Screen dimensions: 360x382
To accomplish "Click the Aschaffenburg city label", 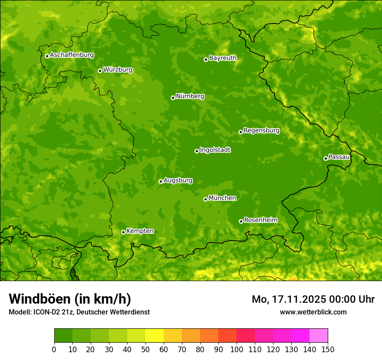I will click(72, 55).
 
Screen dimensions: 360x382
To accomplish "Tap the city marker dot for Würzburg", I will click(100, 71).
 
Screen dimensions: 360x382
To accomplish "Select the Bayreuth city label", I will click(223, 58).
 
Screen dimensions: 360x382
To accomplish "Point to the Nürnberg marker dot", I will click(173, 98).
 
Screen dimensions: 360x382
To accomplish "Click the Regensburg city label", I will click(261, 130).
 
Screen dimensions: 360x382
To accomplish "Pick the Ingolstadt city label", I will click(215, 150).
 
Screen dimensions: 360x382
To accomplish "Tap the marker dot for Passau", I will click(326, 158).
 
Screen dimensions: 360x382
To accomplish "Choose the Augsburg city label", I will click(178, 180).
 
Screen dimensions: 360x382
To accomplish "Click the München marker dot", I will click(205, 199).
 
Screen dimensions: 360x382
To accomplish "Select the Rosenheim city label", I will click(260, 220).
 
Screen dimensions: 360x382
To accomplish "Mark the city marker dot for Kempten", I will click(123, 232).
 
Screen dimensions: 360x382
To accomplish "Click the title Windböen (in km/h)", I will click(69, 299).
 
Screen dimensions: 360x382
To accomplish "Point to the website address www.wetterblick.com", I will click(313, 312).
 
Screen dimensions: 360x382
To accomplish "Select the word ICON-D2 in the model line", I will click(44, 312).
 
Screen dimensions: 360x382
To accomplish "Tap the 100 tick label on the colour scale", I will click(237, 349).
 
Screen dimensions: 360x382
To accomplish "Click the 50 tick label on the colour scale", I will click(145, 349).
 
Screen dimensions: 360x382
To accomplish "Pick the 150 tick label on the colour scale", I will click(328, 349).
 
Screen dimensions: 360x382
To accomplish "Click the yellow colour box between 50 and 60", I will click(155, 336).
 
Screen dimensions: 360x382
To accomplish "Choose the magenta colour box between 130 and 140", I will click(300, 336).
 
